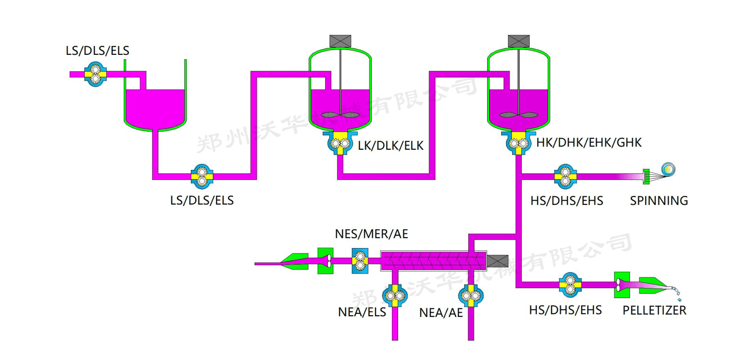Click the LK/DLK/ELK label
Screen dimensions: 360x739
tap(391, 146)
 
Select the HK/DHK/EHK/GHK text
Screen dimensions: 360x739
tap(588, 143)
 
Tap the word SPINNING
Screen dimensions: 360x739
tap(659, 201)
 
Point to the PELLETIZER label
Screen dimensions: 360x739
tap(654, 310)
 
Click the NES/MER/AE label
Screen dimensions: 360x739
tap(371, 234)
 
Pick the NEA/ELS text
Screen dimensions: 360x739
tap(362, 312)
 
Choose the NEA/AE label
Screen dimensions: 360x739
tap(441, 313)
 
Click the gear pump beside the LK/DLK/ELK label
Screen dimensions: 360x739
tap(340, 143)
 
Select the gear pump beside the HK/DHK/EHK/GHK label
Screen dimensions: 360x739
tap(518, 143)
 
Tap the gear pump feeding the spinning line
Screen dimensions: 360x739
tap(565, 176)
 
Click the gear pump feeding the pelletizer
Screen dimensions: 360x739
tap(570, 285)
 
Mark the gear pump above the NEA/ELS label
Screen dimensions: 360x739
tap(395, 296)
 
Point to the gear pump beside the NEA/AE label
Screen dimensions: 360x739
tap(471, 296)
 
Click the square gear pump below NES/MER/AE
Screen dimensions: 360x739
tap(360, 261)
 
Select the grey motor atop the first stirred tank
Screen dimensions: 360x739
tap(340, 41)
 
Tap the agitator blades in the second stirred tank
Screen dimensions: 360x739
tap(519, 115)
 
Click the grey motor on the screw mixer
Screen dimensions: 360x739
tap(498, 261)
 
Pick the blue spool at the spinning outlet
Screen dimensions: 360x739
tap(668, 169)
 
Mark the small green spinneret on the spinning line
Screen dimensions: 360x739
tap(646, 176)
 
